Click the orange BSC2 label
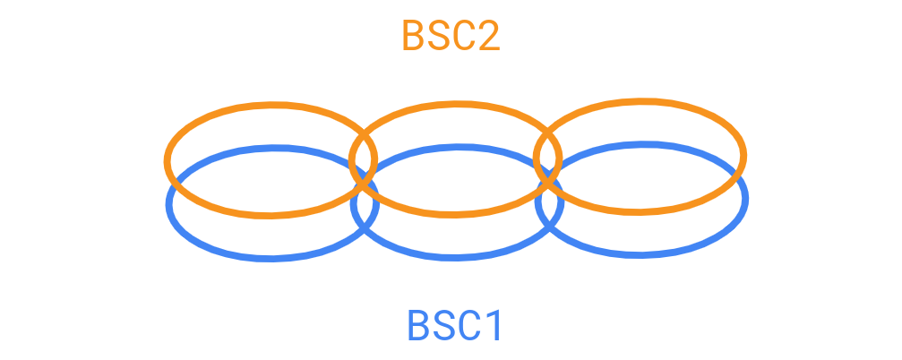click(451, 36)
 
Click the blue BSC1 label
click(454, 325)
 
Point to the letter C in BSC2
click(464, 36)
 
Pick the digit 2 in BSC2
click(488, 36)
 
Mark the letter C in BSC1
click(468, 325)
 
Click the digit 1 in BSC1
click(493, 325)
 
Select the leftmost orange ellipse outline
click(271, 104)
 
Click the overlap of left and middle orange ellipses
click(363, 160)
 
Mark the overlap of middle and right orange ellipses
click(547, 159)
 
